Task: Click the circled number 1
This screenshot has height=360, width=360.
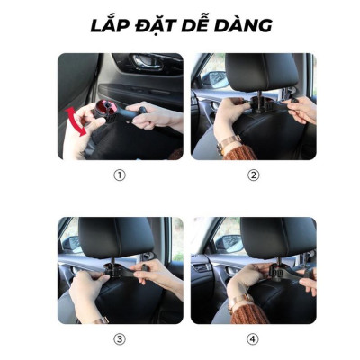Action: click(x=119, y=175)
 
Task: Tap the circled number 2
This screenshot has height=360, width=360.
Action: click(x=253, y=175)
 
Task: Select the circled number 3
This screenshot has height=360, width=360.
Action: click(x=119, y=338)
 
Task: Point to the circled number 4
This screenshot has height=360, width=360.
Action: click(x=253, y=338)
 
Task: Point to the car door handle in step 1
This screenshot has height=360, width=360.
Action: click(x=143, y=64)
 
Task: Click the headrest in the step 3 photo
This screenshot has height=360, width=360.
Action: click(x=116, y=237)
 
